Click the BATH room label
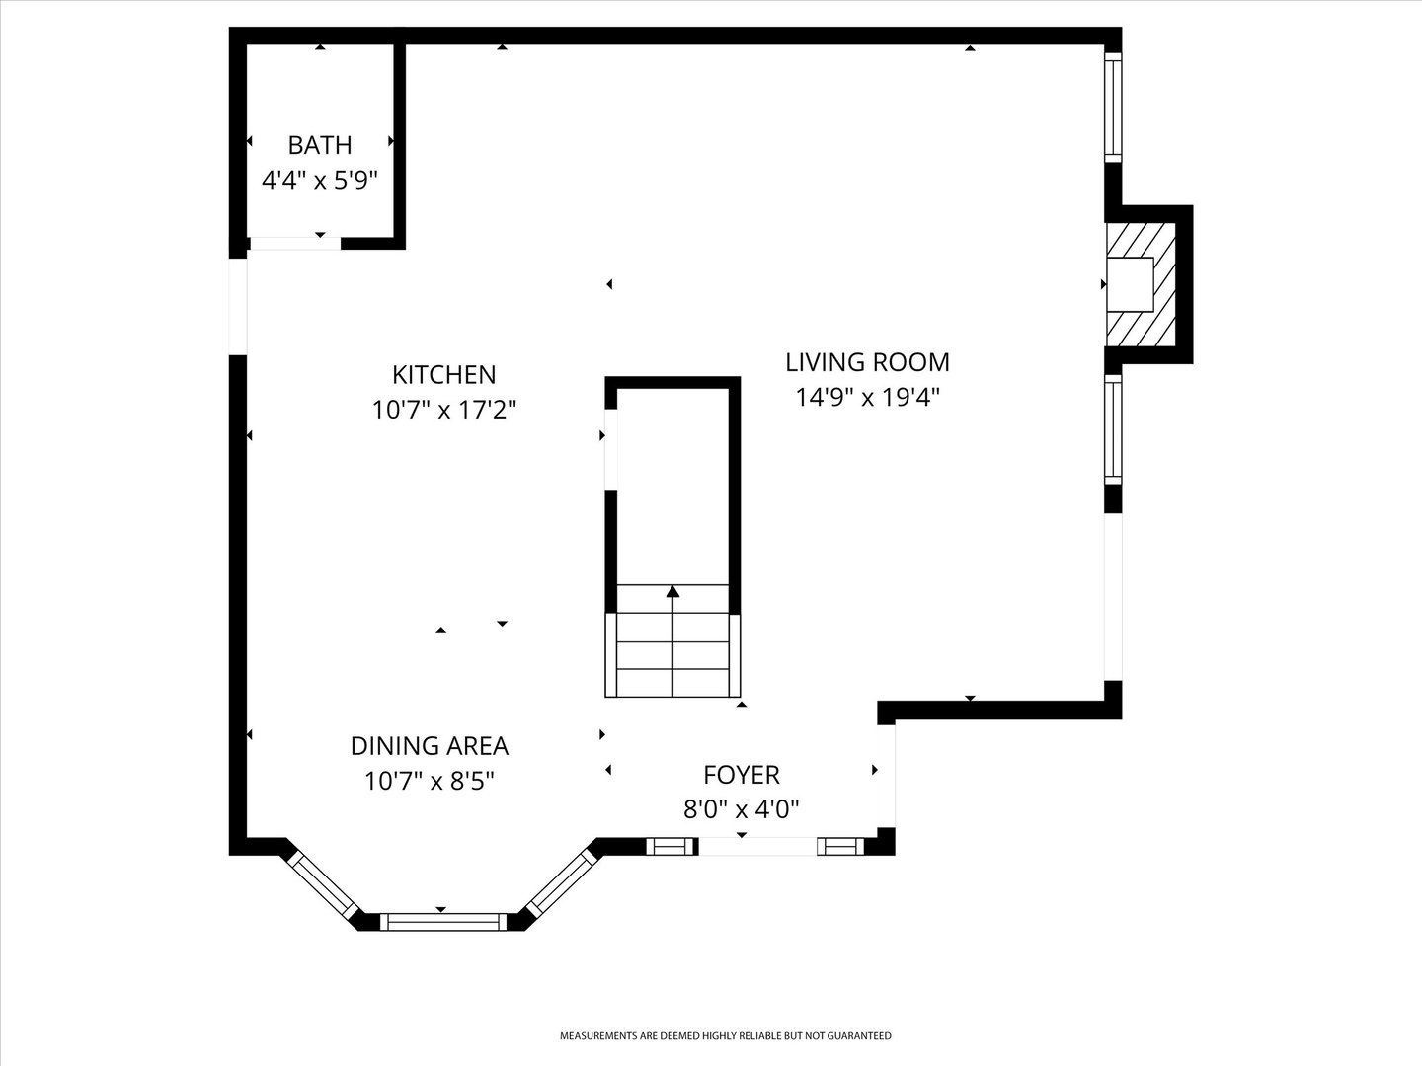pos(319,145)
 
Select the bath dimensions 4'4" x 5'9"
pos(319,180)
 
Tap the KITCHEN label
pos(443,375)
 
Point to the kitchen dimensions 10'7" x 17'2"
pos(443,410)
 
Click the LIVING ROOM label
pos(867,362)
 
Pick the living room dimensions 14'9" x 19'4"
pos(867,397)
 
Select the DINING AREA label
pos(429,746)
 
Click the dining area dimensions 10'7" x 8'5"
pos(429,782)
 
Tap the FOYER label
pos(741,775)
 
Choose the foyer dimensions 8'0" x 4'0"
pos(741,809)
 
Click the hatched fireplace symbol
pos(1143,284)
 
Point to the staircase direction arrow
pos(672,592)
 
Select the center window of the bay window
pos(441,922)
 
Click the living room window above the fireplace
pos(1113,108)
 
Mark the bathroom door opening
pos(294,243)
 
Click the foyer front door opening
pos(757,846)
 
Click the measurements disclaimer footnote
pos(725,1036)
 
